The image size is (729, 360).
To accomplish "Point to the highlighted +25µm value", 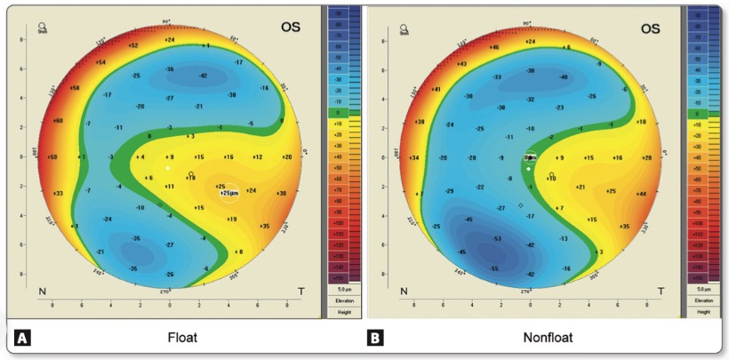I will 228,192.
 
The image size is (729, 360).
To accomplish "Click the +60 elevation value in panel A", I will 59,120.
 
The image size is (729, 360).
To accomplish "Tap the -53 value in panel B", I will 498,239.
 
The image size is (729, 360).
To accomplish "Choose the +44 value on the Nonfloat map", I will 641,193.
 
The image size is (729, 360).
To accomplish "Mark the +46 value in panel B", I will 494,47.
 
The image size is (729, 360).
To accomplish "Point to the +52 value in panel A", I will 133,45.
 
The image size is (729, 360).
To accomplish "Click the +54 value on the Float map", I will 100,62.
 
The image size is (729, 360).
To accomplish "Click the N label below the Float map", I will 42,292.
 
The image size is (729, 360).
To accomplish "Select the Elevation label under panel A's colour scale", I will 342,300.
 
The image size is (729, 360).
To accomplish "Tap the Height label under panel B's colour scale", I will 702,311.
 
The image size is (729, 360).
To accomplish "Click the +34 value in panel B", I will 413,157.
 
